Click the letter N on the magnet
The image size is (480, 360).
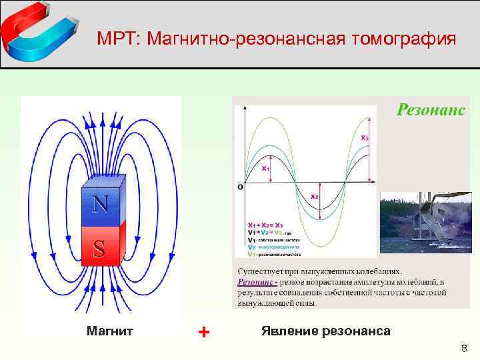point(100,203)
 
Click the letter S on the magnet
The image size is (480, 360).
point(99,249)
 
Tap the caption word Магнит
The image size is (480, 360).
point(110,331)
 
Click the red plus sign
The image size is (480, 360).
point(204,331)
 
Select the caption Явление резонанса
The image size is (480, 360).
point(326,331)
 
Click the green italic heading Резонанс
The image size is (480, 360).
point(431,109)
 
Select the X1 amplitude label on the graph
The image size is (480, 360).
point(265,169)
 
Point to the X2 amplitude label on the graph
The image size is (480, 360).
point(314,197)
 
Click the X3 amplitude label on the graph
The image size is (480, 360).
point(364,138)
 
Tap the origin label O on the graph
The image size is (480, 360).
point(239,188)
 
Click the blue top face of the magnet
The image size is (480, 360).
point(103,181)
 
